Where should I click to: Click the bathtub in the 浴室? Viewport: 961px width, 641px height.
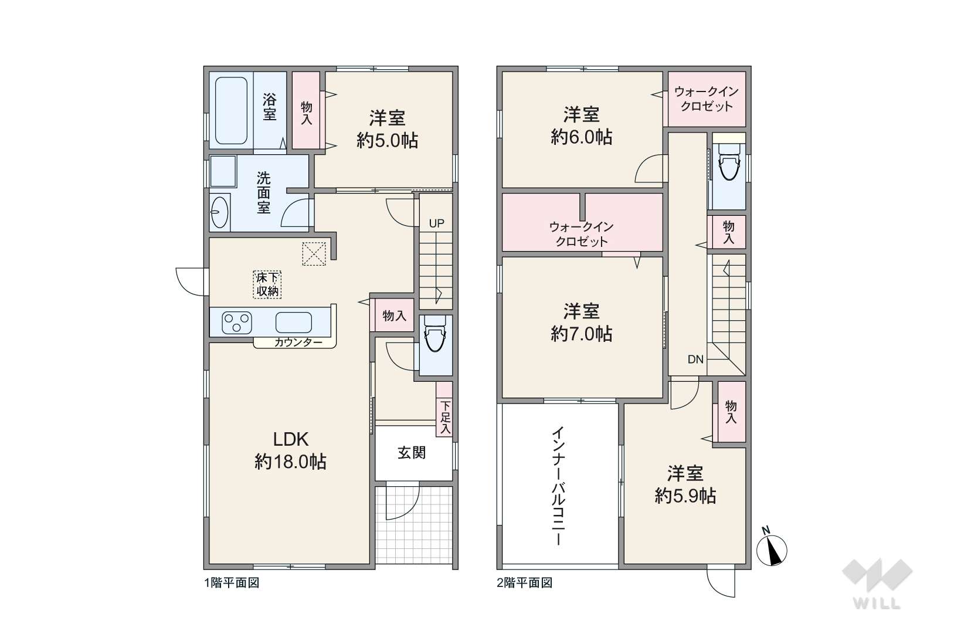[231, 111]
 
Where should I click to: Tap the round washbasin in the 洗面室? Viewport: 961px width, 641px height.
[220, 212]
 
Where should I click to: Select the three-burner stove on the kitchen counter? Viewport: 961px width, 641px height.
[236, 323]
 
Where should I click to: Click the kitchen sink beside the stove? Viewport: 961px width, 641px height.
[293, 323]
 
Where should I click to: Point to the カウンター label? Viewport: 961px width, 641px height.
[298, 342]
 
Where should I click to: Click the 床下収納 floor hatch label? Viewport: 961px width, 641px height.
[267, 284]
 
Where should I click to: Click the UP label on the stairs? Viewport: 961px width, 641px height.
[437, 223]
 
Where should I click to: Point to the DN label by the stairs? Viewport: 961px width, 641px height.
[695, 359]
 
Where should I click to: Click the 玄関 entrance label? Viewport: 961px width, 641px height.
[412, 453]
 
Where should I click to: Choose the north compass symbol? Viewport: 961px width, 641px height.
[772, 547]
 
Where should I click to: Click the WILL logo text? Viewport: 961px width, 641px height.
[877, 603]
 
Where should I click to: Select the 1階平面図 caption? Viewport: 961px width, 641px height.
[232, 583]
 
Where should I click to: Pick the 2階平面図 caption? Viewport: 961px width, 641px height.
[525, 583]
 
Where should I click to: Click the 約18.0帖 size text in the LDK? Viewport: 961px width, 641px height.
[290, 462]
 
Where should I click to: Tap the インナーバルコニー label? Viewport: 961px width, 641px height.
[558, 486]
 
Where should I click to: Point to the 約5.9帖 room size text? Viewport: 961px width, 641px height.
[685, 496]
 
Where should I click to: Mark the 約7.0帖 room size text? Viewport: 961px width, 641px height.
[581, 334]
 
